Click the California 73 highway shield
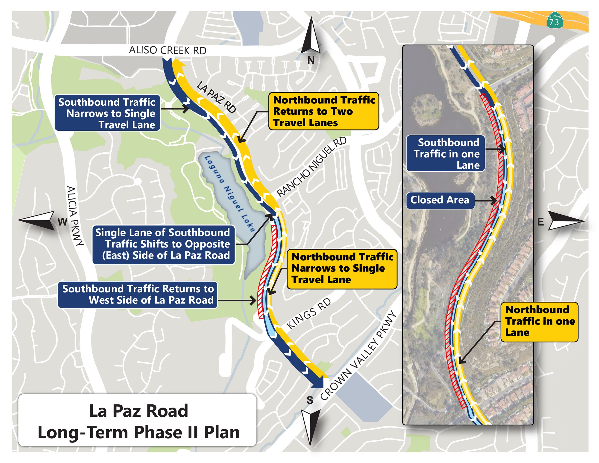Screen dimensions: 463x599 coord(555,20)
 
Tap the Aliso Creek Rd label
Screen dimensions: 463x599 coord(167,50)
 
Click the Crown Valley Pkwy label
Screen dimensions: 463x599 coord(358,355)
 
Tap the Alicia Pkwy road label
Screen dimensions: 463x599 coord(75,216)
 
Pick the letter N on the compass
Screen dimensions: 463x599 coord(311,60)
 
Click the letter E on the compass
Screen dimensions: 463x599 coord(540,222)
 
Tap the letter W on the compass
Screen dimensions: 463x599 coord(62,222)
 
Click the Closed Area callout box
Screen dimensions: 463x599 coord(440,200)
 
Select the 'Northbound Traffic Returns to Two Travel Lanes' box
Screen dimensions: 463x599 coord(324,111)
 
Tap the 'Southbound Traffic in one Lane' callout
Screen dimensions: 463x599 coord(446,153)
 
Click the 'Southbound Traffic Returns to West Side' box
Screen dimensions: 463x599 coord(138,294)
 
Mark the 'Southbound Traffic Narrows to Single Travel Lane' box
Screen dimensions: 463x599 coord(108,113)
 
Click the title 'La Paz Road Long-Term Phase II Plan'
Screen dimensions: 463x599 coord(138,422)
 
